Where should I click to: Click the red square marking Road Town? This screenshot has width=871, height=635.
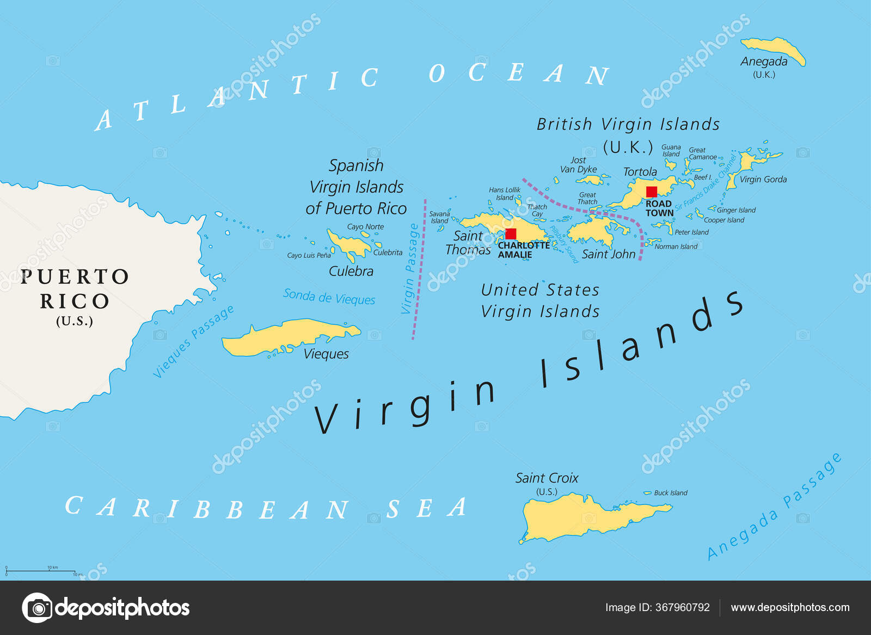[x=651, y=192]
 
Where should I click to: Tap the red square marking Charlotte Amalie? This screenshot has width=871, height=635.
[x=511, y=234]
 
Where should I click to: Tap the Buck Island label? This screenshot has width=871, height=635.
[x=670, y=493]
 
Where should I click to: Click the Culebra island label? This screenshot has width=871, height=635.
[x=351, y=271]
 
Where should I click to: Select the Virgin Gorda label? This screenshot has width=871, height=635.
[x=763, y=180]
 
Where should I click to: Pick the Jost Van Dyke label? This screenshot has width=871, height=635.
[x=578, y=165]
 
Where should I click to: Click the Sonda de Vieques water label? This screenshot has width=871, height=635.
[x=329, y=297]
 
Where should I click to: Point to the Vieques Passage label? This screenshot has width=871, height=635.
[x=193, y=342]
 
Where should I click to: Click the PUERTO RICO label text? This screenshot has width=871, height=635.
[x=75, y=288]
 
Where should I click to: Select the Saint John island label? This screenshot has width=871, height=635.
[x=608, y=254]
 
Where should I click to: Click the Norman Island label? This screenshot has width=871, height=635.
[x=676, y=246]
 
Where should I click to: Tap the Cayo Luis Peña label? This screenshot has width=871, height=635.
[x=309, y=255]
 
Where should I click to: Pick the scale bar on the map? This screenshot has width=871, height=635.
[x=41, y=571]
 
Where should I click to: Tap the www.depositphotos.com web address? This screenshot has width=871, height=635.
[x=790, y=607]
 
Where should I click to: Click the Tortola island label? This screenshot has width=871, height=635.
[x=640, y=172]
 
